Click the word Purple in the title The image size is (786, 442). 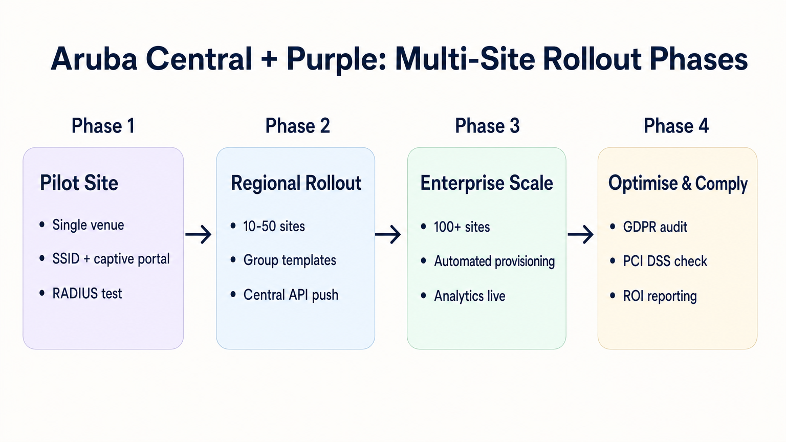(334, 59)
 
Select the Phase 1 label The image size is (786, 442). (103, 126)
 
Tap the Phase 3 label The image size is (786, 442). (487, 126)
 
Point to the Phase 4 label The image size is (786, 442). (676, 126)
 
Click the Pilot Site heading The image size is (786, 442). (79, 183)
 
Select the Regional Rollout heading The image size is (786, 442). (296, 183)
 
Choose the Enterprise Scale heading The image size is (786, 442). (486, 183)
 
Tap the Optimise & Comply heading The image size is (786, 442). (678, 183)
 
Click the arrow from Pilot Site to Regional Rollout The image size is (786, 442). (199, 234)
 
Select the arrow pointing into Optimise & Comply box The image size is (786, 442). (581, 234)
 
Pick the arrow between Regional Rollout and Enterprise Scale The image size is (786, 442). (388, 234)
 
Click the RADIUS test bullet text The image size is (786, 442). (87, 294)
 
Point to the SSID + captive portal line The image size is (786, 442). (111, 259)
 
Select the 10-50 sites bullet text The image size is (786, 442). (274, 226)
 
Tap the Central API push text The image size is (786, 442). (291, 295)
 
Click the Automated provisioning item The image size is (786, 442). (494, 261)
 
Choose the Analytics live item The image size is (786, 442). (469, 296)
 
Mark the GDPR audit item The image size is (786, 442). (654, 227)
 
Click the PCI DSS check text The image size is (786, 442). (665, 261)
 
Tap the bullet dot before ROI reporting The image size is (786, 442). (613, 296)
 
